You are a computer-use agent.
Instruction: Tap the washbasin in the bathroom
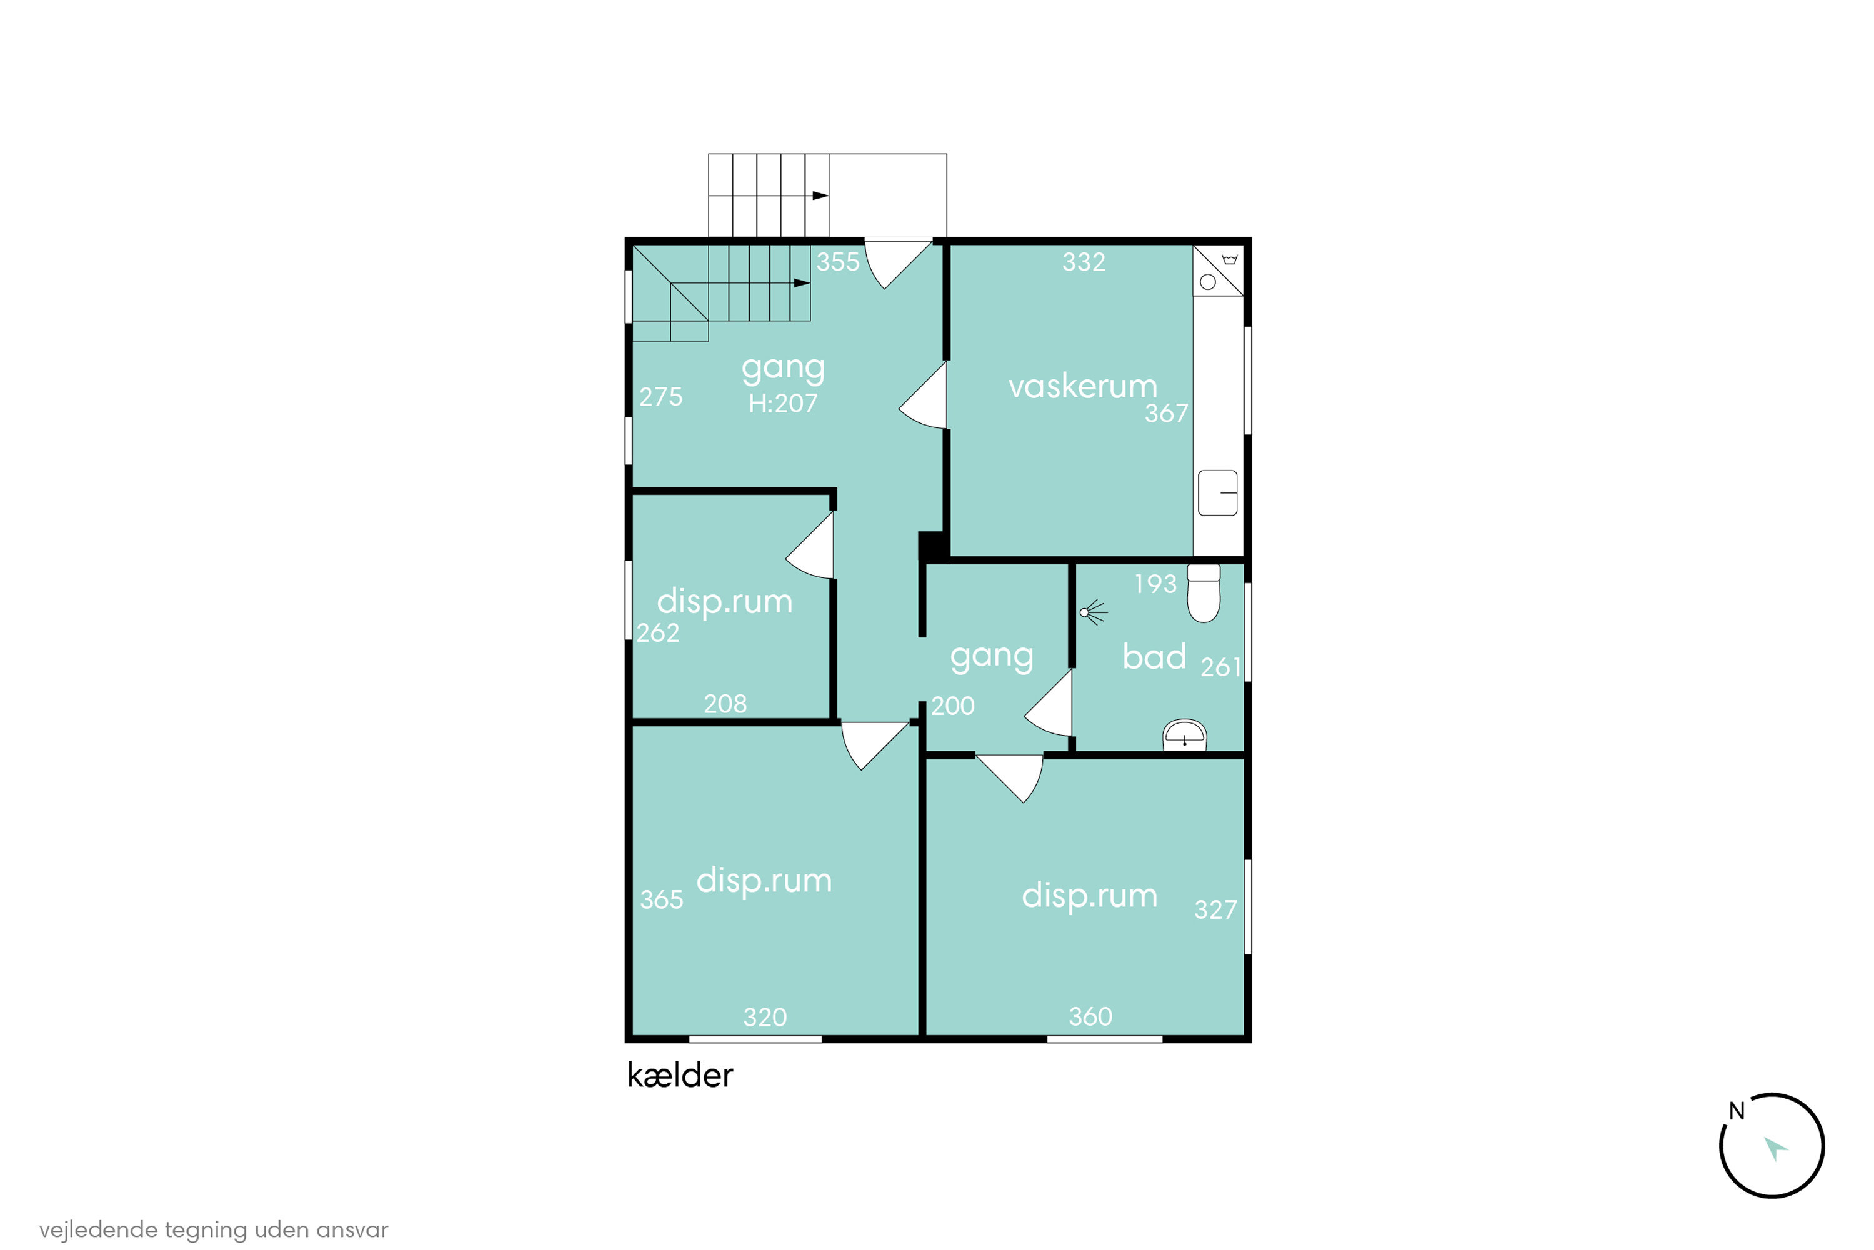coord(1185,734)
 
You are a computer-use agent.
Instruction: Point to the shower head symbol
coord(1093,612)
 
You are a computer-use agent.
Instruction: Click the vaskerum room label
coord(1082,387)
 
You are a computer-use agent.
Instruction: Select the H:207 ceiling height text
coord(783,403)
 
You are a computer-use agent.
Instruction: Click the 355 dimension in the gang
coord(838,262)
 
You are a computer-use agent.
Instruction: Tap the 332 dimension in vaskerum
coord(1084,262)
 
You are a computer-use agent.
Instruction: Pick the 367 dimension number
coord(1166,414)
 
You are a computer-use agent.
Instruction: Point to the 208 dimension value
coord(725,704)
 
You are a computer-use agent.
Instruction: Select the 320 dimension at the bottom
coord(765,1017)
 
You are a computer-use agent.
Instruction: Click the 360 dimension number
coord(1090,1016)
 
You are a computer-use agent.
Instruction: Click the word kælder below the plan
coord(680,1076)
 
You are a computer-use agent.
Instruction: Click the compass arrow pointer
coord(1775,1149)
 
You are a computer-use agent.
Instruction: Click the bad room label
coord(1154,657)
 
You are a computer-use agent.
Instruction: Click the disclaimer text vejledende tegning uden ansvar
coord(214,1230)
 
